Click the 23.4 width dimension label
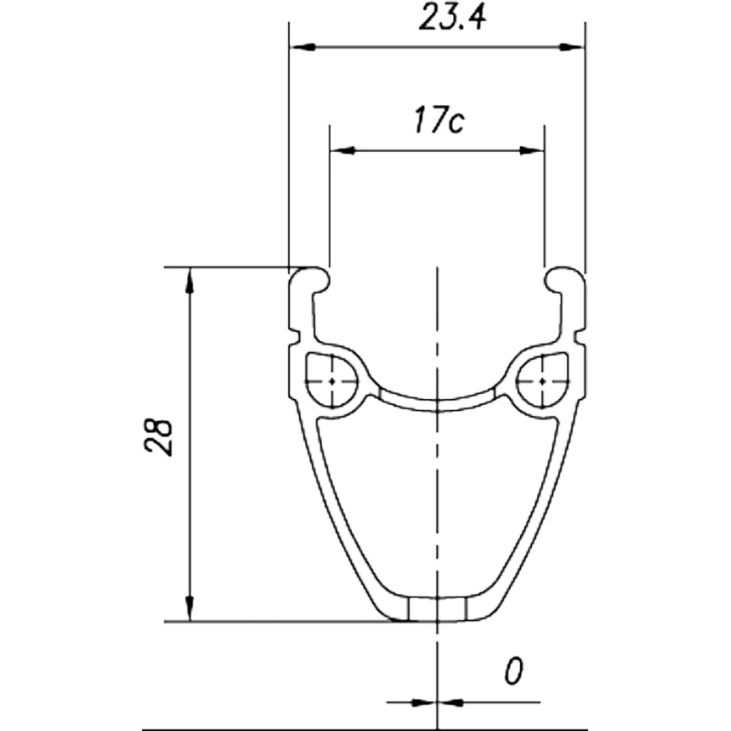click(452, 18)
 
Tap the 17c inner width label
click(439, 121)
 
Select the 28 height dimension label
click(159, 437)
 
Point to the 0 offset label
click(513, 671)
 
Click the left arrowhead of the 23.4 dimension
click(302, 47)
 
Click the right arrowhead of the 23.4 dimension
click(571, 47)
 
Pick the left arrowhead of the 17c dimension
click(343, 150)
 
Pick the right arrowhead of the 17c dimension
click(532, 150)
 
